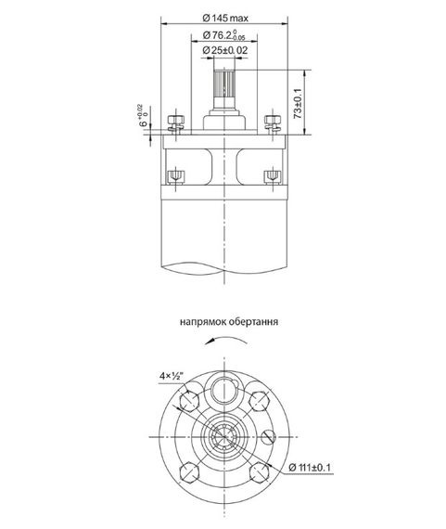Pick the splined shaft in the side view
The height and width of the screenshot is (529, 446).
point(224,89)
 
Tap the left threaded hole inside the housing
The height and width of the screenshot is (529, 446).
point(173,175)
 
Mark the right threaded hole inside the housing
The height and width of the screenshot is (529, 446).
point(272,175)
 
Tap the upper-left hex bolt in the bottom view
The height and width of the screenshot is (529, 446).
point(190,401)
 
